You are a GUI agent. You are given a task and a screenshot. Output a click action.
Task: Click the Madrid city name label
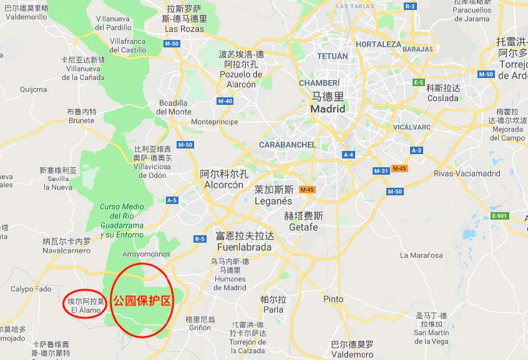click(x=328, y=103)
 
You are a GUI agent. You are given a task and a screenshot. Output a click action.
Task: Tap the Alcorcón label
click(x=223, y=180)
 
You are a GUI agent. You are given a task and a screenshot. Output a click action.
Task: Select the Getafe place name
click(x=303, y=221)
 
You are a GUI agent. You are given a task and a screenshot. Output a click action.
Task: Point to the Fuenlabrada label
click(x=244, y=241)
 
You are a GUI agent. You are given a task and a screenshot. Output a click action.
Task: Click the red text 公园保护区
click(x=142, y=300)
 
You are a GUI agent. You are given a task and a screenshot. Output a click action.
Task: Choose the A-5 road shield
click(x=172, y=200)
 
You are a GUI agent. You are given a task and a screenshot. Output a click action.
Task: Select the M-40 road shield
click(x=225, y=100)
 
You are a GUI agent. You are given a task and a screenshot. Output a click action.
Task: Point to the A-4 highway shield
click(x=348, y=154)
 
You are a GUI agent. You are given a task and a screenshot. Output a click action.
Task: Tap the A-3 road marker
click(x=416, y=150)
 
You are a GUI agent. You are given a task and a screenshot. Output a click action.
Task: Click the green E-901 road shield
click(x=499, y=216)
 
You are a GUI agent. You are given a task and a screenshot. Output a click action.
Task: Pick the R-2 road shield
click(x=410, y=6)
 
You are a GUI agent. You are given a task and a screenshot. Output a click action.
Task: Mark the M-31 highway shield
click(x=381, y=171)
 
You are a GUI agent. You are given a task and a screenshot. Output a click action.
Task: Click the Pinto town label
click(x=333, y=299)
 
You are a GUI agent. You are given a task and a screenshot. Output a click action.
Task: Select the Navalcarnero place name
click(x=67, y=246)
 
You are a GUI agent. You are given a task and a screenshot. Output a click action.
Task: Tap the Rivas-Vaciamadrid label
click(x=467, y=173)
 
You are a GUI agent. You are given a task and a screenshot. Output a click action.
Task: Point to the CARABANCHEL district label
click(x=288, y=145)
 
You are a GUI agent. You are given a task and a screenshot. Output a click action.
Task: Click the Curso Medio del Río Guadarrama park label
click(x=122, y=220)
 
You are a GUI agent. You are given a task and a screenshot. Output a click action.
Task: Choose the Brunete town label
click(x=81, y=117)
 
